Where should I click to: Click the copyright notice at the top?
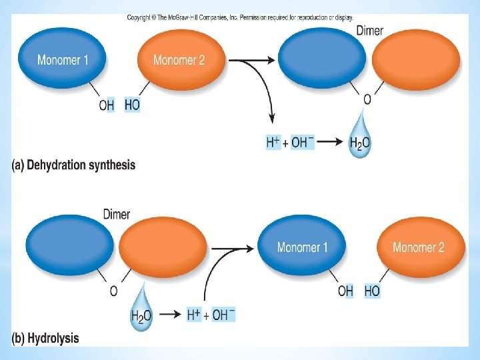(240, 17)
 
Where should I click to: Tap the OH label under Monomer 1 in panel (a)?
(107, 105)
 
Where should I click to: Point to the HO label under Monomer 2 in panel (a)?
(132, 105)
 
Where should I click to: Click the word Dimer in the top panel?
(370, 31)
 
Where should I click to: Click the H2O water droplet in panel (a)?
(360, 139)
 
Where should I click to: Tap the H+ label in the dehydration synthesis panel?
(273, 142)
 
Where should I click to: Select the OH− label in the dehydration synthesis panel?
(302, 142)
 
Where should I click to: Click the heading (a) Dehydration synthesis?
(73, 165)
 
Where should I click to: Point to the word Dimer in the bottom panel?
(117, 215)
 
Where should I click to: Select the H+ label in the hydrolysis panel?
(194, 315)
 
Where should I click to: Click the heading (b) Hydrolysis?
(45, 338)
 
